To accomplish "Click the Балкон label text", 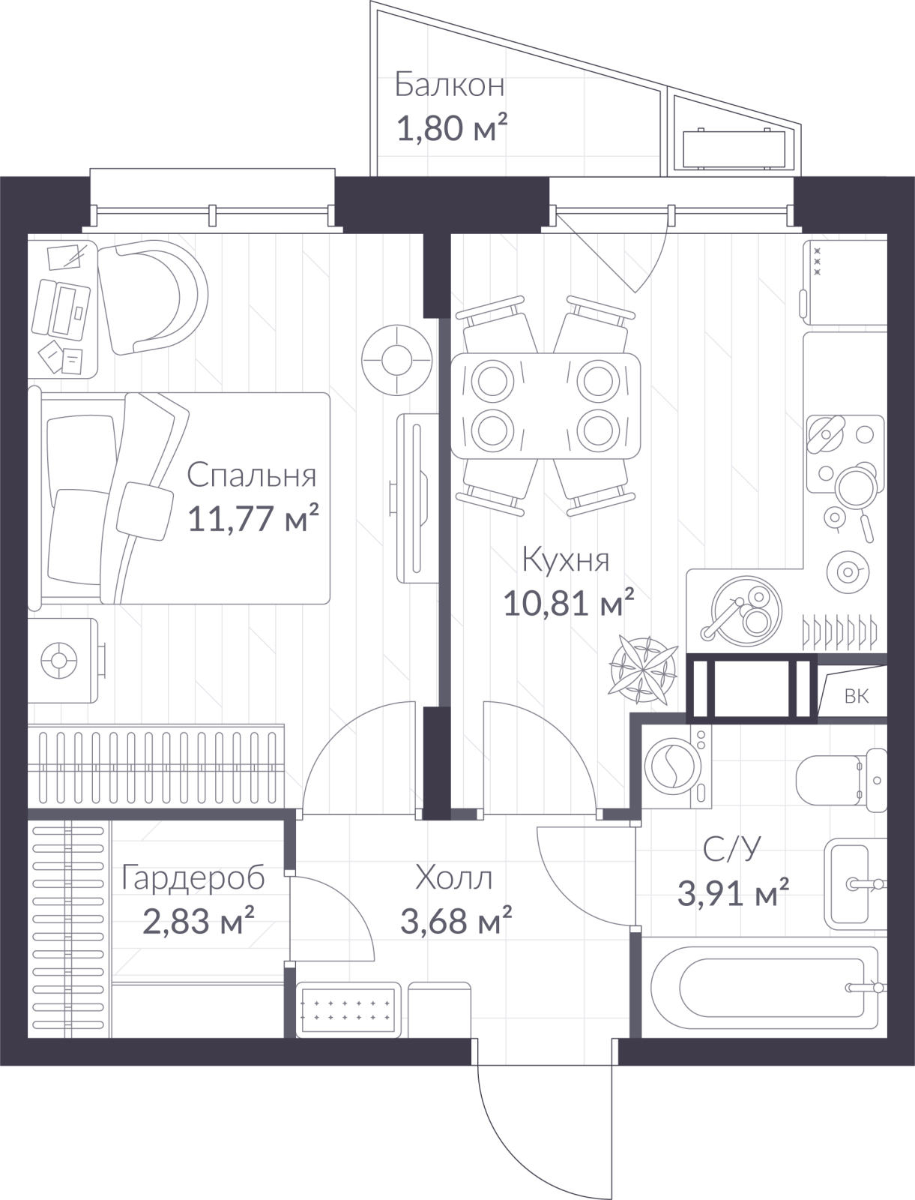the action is point(449,85).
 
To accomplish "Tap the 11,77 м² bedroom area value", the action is point(253,517).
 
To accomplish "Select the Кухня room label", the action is point(565,560).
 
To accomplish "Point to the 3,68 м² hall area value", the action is point(456,920).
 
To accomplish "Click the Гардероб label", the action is point(193,879).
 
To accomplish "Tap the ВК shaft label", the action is point(856,696).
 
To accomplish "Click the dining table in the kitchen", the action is point(545,405).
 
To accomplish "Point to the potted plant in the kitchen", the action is point(643,670).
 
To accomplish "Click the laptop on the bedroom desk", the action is point(61,310).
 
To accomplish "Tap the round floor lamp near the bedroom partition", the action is point(397,360).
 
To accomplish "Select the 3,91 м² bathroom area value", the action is point(733,892).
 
